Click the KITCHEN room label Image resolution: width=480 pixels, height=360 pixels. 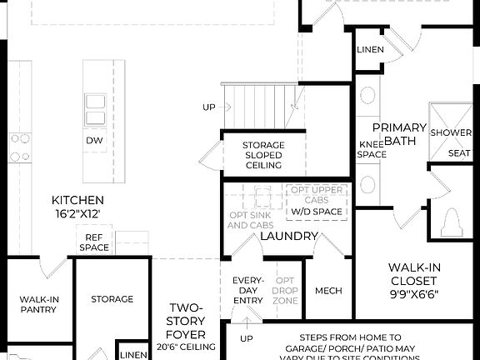(x=77, y=200)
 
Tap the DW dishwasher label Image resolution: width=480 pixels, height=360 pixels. (x=94, y=141)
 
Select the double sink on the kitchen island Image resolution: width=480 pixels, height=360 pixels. (x=95, y=107)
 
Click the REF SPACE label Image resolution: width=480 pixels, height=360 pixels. (x=94, y=242)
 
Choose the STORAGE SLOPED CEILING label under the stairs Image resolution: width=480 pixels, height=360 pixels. (x=262, y=155)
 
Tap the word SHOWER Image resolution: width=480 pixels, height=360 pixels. (x=451, y=132)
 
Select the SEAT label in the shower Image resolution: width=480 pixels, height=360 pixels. (x=459, y=153)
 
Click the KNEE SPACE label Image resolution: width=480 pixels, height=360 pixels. (x=372, y=149)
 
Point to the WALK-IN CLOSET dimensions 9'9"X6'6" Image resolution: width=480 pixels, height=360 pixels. (x=414, y=294)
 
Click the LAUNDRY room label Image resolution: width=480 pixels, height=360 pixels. (x=288, y=237)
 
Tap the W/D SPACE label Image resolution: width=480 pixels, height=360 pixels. (x=316, y=211)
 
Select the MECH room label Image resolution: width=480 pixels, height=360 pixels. (x=328, y=291)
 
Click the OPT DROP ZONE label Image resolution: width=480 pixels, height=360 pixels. (x=286, y=290)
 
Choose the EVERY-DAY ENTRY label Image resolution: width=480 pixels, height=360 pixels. (x=247, y=290)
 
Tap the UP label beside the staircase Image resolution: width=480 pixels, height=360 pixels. (x=209, y=107)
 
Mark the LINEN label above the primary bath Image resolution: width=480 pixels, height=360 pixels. (x=370, y=50)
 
